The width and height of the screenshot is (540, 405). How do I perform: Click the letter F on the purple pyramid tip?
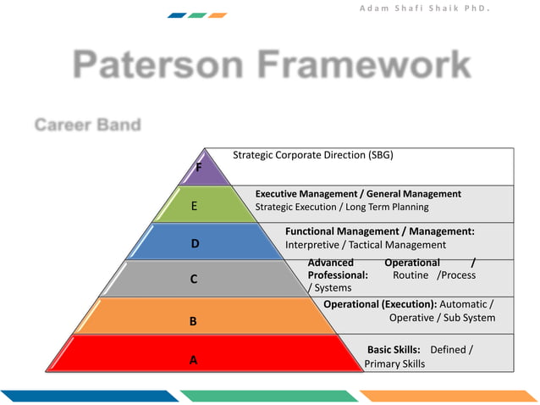tap(199, 168)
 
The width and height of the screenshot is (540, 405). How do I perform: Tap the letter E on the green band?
tap(195, 206)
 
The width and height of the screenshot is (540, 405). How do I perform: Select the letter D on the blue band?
tap(195, 244)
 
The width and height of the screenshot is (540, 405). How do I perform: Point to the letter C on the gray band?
tap(194, 279)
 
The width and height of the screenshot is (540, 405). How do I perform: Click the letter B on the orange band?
tap(193, 322)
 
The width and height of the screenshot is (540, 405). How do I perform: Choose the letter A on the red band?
tap(193, 359)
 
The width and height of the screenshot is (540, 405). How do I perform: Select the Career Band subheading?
tap(87, 125)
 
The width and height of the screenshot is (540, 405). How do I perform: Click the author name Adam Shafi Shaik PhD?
tap(437, 8)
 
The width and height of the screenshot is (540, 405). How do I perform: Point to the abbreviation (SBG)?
tap(380, 155)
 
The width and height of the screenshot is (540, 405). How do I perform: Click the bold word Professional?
tap(338, 275)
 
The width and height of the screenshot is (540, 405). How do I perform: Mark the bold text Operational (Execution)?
tap(380, 304)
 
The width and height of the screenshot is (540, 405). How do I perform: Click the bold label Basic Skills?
tap(394, 349)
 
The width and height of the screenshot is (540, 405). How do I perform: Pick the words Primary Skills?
tap(394, 363)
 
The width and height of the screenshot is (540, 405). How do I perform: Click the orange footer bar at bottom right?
tap(449, 396)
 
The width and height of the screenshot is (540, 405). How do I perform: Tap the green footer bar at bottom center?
tap(268, 396)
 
